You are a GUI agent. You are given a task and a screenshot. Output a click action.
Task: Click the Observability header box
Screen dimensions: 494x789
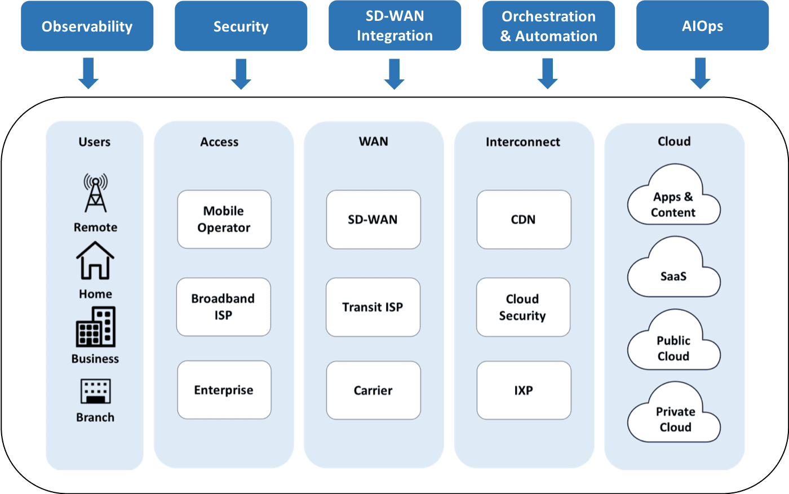[x=87, y=26]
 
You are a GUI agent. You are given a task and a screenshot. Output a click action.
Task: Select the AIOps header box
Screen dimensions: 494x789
[x=702, y=26]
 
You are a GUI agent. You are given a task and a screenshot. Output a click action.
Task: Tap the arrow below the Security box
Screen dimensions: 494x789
[x=241, y=74]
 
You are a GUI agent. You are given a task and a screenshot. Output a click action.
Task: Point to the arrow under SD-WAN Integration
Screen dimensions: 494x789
[x=394, y=74]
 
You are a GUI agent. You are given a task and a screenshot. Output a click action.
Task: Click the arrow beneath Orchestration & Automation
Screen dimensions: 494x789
[x=548, y=74]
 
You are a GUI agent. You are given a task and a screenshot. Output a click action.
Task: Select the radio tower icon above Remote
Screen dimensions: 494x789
[x=95, y=193]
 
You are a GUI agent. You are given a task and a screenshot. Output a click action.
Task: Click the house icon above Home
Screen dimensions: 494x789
[x=95, y=260]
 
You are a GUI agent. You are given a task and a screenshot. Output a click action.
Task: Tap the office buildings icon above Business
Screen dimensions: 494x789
[x=95, y=327]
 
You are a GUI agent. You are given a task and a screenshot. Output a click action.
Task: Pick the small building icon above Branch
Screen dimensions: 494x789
[x=95, y=391]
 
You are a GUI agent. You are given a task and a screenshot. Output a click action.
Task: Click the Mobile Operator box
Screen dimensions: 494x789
[x=224, y=219]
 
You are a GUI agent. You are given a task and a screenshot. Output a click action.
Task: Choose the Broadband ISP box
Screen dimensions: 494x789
[x=223, y=307]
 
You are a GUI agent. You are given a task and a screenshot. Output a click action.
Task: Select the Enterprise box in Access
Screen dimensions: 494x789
[x=224, y=390]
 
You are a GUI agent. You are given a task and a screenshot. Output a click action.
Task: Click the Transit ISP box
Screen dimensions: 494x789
[x=373, y=307]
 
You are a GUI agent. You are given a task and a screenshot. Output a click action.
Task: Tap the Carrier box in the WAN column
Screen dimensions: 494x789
[x=373, y=390]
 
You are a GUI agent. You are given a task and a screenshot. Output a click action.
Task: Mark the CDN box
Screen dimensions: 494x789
[x=524, y=219]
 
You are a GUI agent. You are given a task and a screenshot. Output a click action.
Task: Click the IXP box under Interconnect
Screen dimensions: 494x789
[x=524, y=390]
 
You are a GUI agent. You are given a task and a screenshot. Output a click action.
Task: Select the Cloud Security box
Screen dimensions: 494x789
[x=523, y=307]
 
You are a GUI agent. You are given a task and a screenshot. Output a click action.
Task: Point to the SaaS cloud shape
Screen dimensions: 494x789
[x=673, y=270]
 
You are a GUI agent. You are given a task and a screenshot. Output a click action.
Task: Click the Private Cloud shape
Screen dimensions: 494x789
[x=674, y=416]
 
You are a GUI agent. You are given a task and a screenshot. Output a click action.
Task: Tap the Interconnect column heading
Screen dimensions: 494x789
[x=523, y=142]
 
